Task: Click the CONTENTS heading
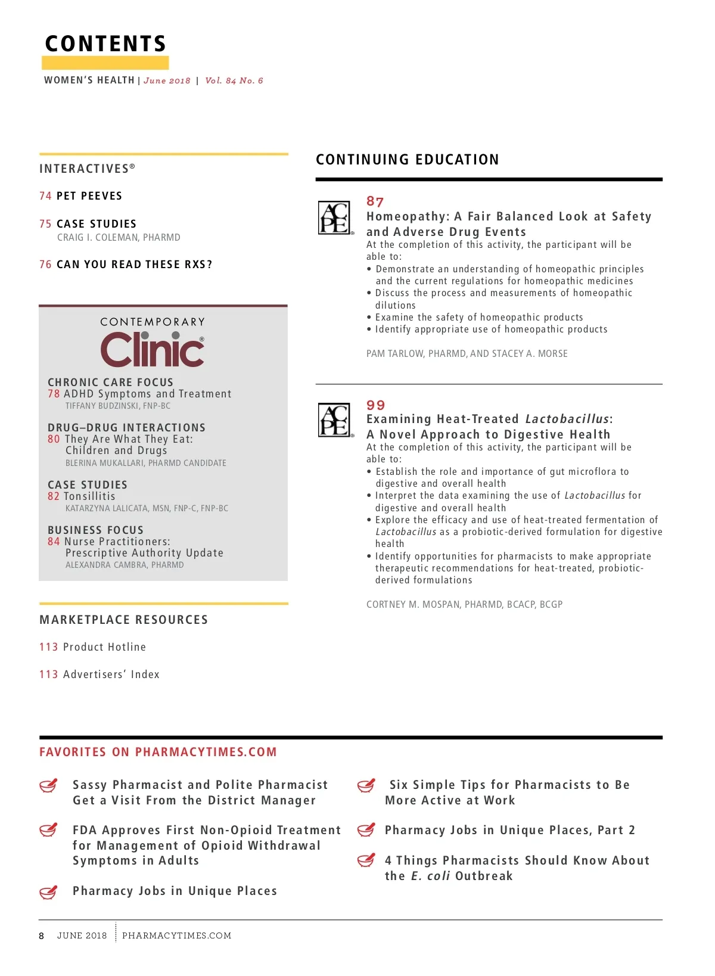coord(105,43)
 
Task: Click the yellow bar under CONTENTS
coord(105,63)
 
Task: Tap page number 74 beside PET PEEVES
coord(45,196)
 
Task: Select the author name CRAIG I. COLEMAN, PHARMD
coord(119,237)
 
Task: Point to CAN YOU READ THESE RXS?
coord(134,265)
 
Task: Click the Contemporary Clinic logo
coord(153,344)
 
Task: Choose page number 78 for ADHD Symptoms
coord(54,394)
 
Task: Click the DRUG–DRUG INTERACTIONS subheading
coord(126,428)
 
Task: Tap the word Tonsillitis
coord(89,496)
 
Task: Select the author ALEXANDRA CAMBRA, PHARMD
coord(125,565)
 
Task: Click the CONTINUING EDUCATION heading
coord(408,160)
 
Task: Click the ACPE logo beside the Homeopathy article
coord(335,217)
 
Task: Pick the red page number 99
coord(375,405)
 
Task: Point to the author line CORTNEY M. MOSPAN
coord(464,604)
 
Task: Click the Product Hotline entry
coord(104,647)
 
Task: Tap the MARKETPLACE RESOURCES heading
coord(124,620)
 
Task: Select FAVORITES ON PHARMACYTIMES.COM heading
coord(158,752)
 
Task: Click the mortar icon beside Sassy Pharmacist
coord(48,786)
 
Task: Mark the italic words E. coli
coord(430,876)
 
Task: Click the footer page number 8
coord(42,936)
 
